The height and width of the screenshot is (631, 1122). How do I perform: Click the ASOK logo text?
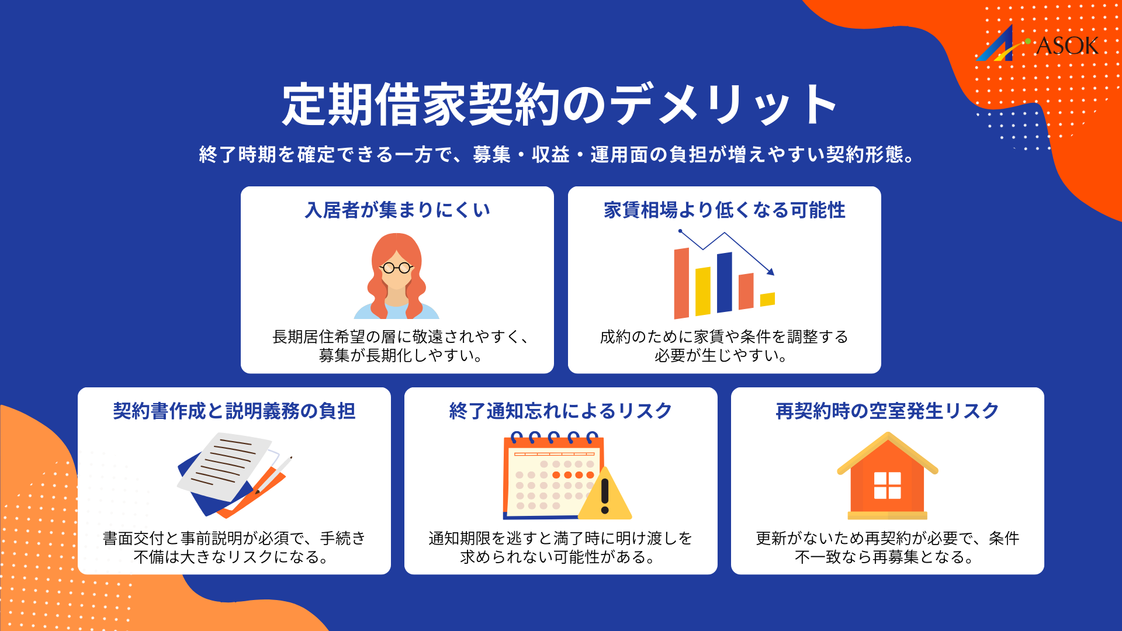click(1066, 46)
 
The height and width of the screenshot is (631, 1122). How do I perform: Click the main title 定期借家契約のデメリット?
click(560, 105)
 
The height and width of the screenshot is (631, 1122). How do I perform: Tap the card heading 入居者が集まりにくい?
click(397, 210)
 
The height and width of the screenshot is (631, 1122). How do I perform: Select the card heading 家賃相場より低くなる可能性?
click(724, 210)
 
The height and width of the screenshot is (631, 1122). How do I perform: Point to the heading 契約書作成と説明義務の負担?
click(234, 411)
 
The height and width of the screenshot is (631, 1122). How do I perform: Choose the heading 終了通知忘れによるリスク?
click(560, 411)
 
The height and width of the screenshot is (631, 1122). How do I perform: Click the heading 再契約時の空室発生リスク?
click(887, 411)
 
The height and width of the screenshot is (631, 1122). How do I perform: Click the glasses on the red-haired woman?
click(397, 268)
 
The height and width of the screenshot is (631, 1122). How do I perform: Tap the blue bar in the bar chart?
click(725, 283)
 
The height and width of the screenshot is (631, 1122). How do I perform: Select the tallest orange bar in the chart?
click(681, 283)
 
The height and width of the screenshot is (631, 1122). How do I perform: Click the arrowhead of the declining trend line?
click(771, 272)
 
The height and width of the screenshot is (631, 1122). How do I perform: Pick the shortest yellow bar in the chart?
click(767, 299)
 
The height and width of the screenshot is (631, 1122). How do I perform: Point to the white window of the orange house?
click(887, 486)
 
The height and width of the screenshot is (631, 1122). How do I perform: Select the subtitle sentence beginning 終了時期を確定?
click(556, 154)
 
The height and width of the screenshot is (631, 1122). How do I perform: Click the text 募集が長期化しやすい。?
click(400, 355)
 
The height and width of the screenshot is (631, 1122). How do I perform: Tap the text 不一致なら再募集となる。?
click(884, 557)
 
